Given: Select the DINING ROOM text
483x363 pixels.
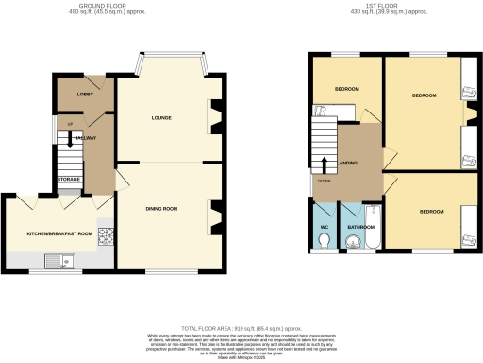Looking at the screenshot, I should [x=161, y=207].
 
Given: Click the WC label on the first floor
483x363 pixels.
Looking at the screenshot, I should [x=325, y=227].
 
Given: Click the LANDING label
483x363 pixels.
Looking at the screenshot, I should [x=349, y=162].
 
